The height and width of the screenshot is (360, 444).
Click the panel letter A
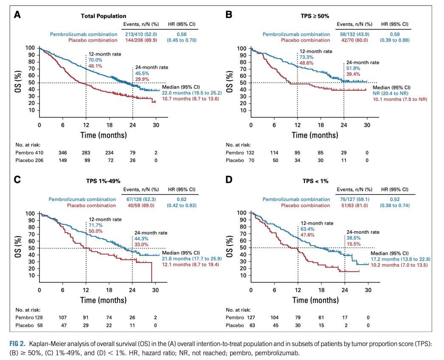tap(17, 14)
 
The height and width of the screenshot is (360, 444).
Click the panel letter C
tap(17, 179)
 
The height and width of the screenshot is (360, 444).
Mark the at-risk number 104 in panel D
tap(275, 317)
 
